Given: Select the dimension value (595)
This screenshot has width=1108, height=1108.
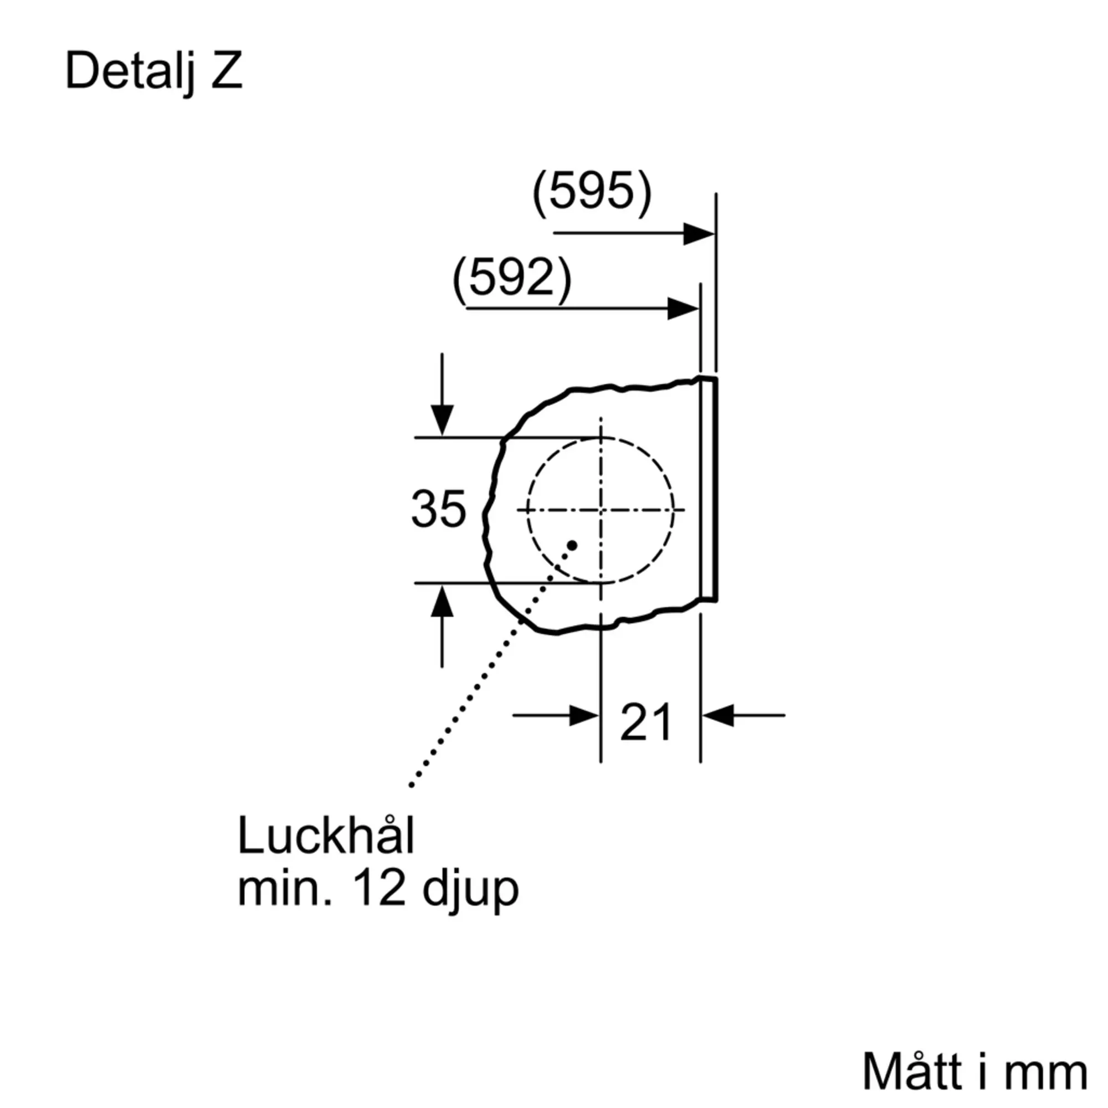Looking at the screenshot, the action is pyautogui.click(x=592, y=192).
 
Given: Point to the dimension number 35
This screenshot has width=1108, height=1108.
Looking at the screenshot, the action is pyautogui.click(x=439, y=509).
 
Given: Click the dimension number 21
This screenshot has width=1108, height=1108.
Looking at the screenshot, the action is pyautogui.click(x=647, y=722).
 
